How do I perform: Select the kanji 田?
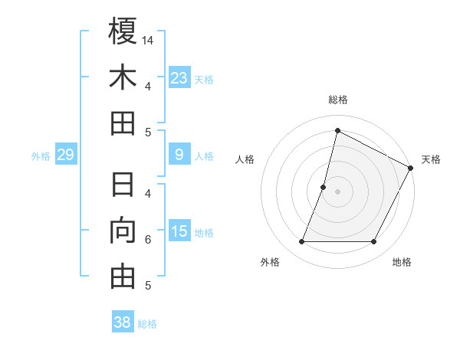123,123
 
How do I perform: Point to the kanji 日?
123,185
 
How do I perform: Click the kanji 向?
123,231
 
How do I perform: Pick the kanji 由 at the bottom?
123,277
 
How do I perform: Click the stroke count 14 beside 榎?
148,40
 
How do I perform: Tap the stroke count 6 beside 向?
147,240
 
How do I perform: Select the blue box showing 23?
179,77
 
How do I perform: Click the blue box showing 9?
179,155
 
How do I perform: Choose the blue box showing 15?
179,231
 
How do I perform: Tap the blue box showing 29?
65,155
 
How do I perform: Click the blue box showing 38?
123,322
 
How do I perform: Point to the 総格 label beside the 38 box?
147,324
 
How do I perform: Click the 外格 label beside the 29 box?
41,156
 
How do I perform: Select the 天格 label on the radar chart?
431,159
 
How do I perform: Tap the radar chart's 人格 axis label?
245,159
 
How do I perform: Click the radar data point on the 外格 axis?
301,242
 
